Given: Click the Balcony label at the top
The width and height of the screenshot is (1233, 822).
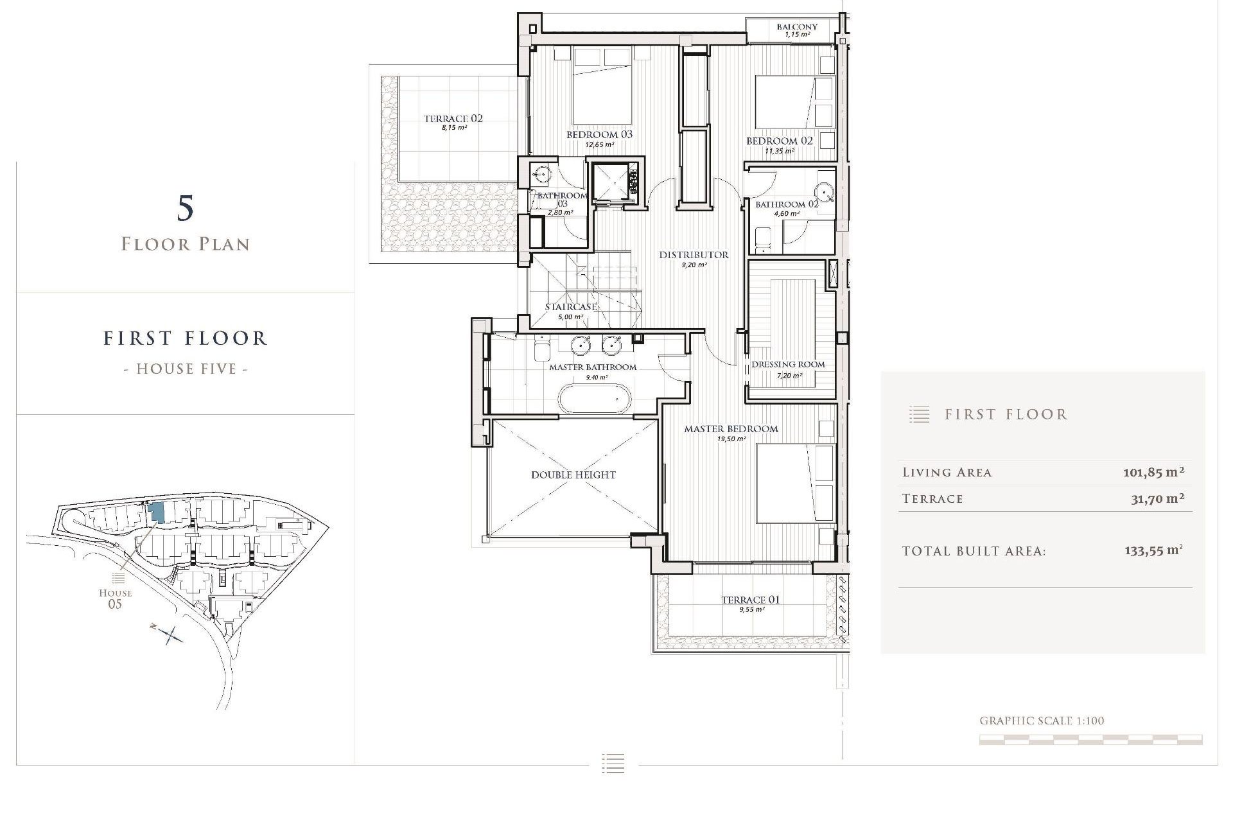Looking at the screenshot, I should click(x=797, y=27).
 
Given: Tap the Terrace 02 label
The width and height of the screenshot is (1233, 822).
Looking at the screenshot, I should click(x=453, y=119).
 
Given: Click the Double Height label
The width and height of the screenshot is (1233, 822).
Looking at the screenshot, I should click(x=573, y=475).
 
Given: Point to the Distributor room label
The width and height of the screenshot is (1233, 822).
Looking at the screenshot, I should click(x=694, y=255).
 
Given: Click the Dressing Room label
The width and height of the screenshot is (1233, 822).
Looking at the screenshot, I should click(x=788, y=365).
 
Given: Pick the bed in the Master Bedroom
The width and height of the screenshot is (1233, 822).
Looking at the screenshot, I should click(x=794, y=483).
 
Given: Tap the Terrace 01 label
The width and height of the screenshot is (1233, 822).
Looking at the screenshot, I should click(x=750, y=600).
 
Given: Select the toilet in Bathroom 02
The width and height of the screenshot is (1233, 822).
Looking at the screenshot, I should click(x=764, y=239).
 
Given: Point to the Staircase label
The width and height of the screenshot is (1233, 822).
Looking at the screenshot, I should click(x=571, y=307).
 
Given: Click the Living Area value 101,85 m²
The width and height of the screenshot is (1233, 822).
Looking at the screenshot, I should click(x=1153, y=473).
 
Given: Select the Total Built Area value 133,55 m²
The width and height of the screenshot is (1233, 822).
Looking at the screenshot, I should click(x=1153, y=551).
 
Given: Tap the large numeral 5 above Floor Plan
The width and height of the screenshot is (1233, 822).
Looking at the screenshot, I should click(x=185, y=208).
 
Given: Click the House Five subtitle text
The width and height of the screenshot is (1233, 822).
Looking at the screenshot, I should click(x=186, y=369).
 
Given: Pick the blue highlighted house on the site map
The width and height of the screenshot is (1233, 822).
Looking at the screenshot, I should click(x=156, y=512).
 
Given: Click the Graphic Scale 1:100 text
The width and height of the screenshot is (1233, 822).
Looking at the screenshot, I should click(x=1042, y=721).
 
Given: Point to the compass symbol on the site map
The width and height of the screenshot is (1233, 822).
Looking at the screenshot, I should click(x=170, y=634).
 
